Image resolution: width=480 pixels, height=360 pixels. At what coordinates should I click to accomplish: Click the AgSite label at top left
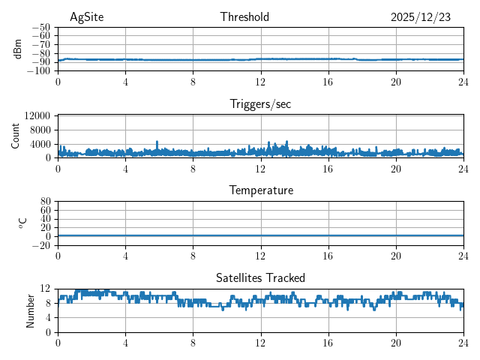[85, 17]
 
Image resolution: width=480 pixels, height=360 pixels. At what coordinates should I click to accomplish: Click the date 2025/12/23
[420, 17]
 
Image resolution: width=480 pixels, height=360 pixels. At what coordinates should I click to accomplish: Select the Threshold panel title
[244, 17]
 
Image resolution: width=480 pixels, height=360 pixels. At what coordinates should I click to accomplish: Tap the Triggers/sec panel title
[260, 104]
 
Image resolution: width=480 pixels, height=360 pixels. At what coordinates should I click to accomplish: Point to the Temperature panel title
[260, 190]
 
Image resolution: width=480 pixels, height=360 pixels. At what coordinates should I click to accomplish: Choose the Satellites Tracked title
[260, 278]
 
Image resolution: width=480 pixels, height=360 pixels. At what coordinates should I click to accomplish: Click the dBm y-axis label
[18, 49]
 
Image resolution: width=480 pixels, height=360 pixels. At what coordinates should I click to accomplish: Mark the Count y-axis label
[16, 136]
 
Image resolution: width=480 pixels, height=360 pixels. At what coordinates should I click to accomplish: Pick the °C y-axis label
[22, 223]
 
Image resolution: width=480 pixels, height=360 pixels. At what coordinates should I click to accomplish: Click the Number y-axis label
[31, 310]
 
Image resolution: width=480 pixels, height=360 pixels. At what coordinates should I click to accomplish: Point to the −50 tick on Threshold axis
[42, 27]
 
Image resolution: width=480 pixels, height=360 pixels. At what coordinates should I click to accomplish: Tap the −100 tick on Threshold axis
[40, 71]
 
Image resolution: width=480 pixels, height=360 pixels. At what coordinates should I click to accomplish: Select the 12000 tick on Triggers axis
[37, 115]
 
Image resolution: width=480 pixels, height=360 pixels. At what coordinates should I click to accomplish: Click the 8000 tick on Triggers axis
[40, 130]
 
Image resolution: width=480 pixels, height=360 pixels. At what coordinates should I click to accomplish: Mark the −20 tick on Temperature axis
[42, 245]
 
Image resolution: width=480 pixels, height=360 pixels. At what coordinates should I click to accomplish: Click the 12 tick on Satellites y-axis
[46, 289]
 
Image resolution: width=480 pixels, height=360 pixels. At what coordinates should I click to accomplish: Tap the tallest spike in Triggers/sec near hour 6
[157, 142]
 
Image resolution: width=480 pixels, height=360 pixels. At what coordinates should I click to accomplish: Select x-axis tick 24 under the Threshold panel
[463, 82]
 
